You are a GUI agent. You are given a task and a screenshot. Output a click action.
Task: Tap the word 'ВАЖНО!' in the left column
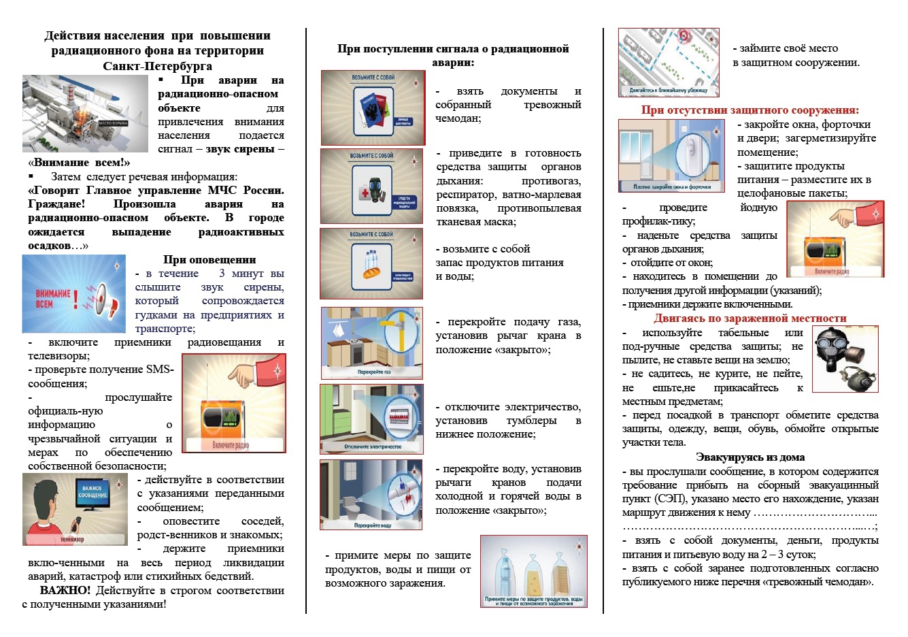(65, 590)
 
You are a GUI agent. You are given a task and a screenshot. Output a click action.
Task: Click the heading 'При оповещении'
(209, 259)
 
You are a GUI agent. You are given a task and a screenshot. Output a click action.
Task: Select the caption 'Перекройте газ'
(374, 372)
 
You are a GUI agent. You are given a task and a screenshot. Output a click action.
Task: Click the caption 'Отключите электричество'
(372, 447)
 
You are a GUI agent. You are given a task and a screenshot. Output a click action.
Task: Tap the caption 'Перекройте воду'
(372, 525)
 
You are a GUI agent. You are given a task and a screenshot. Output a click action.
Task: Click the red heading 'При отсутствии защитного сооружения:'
(750, 110)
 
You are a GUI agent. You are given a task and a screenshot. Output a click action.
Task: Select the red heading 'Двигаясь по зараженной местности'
(750, 318)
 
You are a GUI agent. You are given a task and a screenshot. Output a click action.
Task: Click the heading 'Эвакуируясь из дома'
(750, 457)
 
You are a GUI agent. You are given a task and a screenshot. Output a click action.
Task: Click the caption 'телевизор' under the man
(72, 539)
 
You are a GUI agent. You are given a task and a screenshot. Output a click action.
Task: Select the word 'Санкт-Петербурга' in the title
(157, 66)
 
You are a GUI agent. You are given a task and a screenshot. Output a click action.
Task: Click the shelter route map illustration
(668, 62)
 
